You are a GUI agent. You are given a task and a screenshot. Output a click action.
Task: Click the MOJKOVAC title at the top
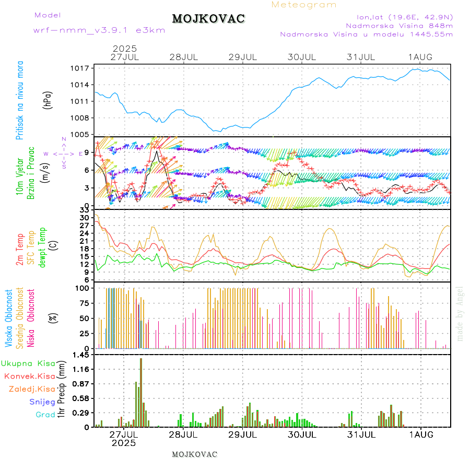tap(208, 19)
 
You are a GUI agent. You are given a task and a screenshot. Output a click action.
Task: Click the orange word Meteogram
tap(304, 5)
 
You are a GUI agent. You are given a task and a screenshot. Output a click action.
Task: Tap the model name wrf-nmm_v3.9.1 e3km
tap(99, 30)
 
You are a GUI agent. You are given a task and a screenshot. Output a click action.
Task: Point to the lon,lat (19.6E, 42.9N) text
tap(404, 16)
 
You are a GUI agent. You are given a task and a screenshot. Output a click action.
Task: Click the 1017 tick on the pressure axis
tap(81, 68)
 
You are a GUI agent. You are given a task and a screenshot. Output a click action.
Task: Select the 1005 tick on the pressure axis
tap(81, 134)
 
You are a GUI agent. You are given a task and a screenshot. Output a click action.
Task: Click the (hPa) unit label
tap(48, 100)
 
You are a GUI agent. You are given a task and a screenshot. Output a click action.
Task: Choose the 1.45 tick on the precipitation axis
tap(81, 355)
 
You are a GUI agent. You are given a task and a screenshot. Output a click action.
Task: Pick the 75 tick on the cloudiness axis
tap(84, 303)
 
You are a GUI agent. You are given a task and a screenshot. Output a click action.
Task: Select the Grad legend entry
tap(45, 415)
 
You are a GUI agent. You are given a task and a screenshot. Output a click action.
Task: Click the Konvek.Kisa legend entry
tap(29, 375)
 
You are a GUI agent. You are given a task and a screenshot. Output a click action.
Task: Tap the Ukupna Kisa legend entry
tap(28, 363)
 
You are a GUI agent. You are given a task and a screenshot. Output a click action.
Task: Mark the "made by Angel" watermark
tap(460, 313)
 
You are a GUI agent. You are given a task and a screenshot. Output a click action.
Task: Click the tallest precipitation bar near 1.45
tap(140, 392)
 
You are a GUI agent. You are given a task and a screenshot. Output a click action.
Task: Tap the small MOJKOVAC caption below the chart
tap(194, 454)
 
